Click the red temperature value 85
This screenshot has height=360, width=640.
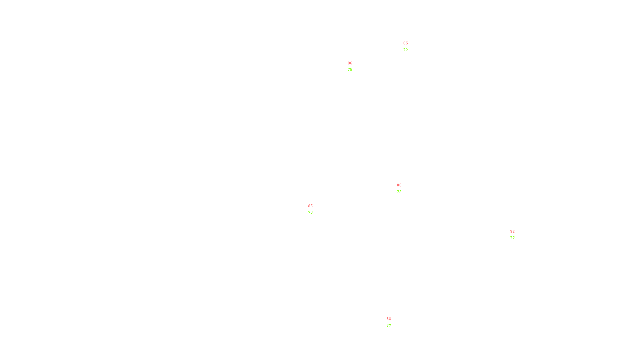[406, 43]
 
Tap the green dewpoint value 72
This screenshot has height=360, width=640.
[406, 50]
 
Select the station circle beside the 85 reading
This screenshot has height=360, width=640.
[409, 47]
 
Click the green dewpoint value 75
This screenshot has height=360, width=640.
[350, 70]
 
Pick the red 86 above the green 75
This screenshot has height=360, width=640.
[350, 63]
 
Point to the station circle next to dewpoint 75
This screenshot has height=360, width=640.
[354, 66]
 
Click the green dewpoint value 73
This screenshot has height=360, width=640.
[399, 192]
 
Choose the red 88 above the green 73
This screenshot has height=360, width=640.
[399, 185]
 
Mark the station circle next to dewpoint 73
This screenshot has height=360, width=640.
[403, 188]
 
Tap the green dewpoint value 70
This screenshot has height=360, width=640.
[310, 212]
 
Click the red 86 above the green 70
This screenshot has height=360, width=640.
[310, 206]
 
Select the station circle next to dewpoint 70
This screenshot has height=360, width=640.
[314, 209]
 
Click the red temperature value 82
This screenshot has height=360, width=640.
[512, 232]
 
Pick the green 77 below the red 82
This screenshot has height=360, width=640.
[512, 238]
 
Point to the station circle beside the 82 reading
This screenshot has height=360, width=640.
[516, 235]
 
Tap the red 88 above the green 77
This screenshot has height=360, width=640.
[389, 319]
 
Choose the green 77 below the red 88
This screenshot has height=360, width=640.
[389, 326]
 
